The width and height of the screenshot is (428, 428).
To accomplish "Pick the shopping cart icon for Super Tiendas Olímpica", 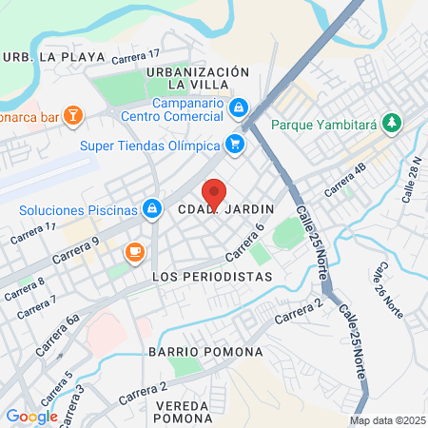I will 234,144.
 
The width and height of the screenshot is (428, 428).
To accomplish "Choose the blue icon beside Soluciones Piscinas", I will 151,208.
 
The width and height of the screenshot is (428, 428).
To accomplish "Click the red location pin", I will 215,192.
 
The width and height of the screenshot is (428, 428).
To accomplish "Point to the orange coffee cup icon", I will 134,252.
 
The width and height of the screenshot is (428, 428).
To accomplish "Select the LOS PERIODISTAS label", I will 212,276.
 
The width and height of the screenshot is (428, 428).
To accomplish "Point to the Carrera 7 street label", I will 35,307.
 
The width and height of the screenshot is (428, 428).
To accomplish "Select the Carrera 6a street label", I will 58,336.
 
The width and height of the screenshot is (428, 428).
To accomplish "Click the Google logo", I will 31,416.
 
